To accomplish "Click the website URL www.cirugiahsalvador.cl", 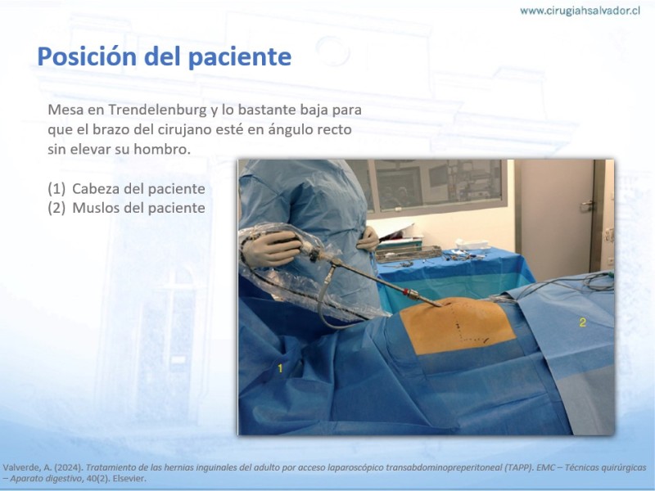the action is pos(580,11).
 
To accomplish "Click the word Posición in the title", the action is pos(87,56).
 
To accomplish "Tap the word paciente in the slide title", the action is pos(240,57).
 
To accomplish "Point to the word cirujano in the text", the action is pos(183,129).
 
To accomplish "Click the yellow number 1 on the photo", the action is pos(280,368).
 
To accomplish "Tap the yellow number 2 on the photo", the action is pos(583,322).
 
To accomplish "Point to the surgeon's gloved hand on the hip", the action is pos(368,239).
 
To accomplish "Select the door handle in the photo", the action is pos(587,205).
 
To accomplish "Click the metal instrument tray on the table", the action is pos(408,253).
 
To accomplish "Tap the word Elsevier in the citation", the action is pos(129,479).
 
